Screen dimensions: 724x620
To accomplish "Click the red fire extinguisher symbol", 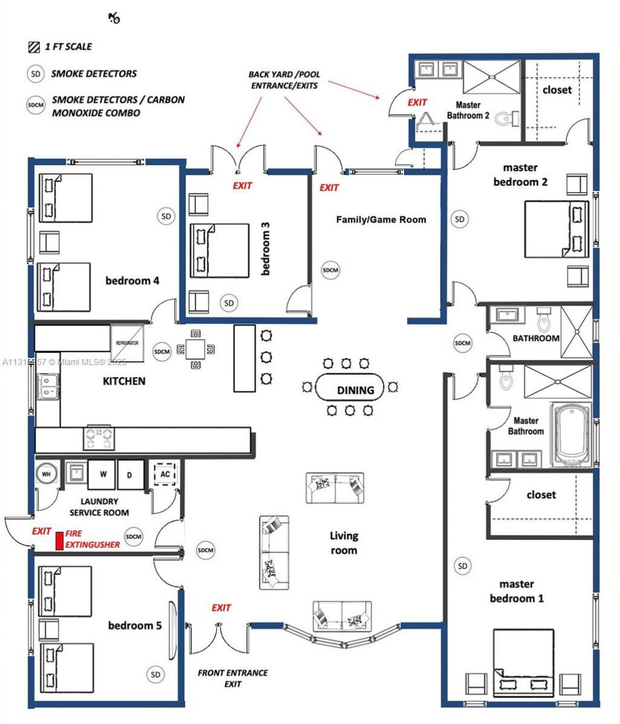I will tap(59, 541).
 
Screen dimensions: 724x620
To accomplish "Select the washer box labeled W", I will tap(101, 474).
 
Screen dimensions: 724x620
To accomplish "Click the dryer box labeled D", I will tap(130, 474).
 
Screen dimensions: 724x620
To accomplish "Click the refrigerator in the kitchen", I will tap(127, 344).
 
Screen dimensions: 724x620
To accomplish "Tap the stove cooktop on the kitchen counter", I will tap(99, 438).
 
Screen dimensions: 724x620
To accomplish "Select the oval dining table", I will tap(351, 389).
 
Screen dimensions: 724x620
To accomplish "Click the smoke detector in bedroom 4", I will tap(166, 216).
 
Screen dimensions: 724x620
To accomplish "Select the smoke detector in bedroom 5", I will tap(155, 674).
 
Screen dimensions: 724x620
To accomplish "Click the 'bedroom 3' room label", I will tap(265, 249).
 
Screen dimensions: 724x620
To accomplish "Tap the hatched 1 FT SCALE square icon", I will tap(33, 47).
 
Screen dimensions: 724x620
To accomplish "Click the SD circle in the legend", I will tap(36, 74).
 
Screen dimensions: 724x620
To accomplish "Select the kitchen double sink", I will tap(48, 386).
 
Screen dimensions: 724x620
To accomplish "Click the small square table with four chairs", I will tap(195, 349).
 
